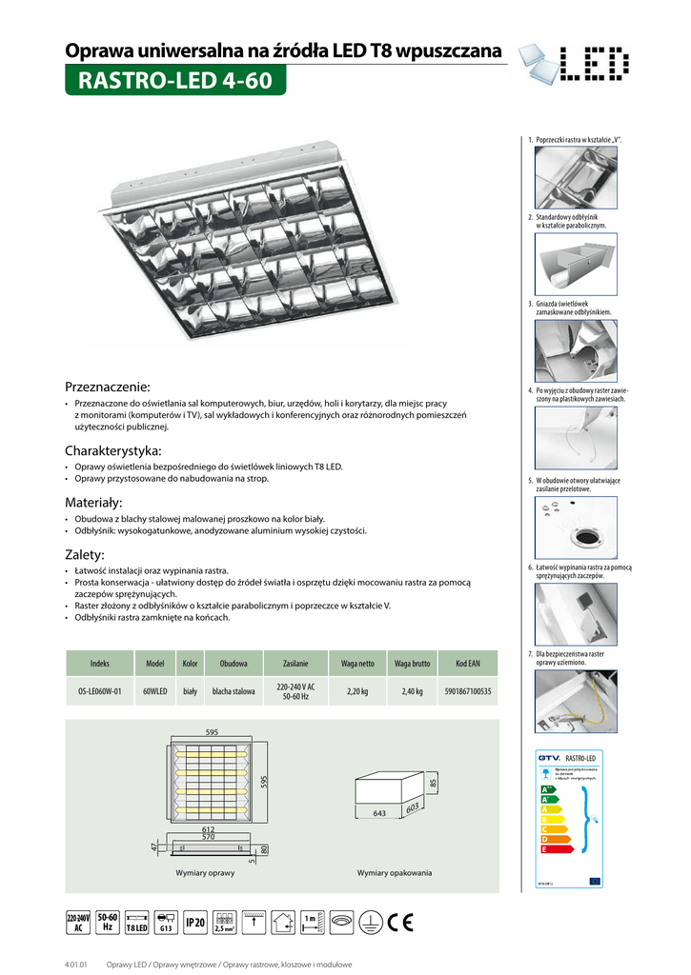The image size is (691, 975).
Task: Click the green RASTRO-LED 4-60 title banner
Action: click(174, 81)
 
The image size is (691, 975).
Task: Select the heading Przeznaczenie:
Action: click(108, 387)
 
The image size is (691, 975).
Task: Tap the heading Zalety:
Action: click(84, 554)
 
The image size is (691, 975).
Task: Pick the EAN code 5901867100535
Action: click(467, 691)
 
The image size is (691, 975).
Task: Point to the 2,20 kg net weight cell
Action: click(357, 691)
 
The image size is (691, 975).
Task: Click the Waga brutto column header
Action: click(414, 663)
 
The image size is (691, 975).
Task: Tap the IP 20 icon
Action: click(195, 922)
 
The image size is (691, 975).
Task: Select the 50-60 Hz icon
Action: click(108, 921)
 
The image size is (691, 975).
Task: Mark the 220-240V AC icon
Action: click(77, 922)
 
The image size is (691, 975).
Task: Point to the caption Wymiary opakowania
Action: click(394, 872)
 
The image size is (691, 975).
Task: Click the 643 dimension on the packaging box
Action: click(378, 814)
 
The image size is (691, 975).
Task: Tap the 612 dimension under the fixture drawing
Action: click(208, 829)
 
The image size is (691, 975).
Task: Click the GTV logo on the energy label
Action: click(550, 758)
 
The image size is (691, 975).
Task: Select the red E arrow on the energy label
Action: click(545, 848)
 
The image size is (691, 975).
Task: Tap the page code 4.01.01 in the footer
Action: click(76, 964)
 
